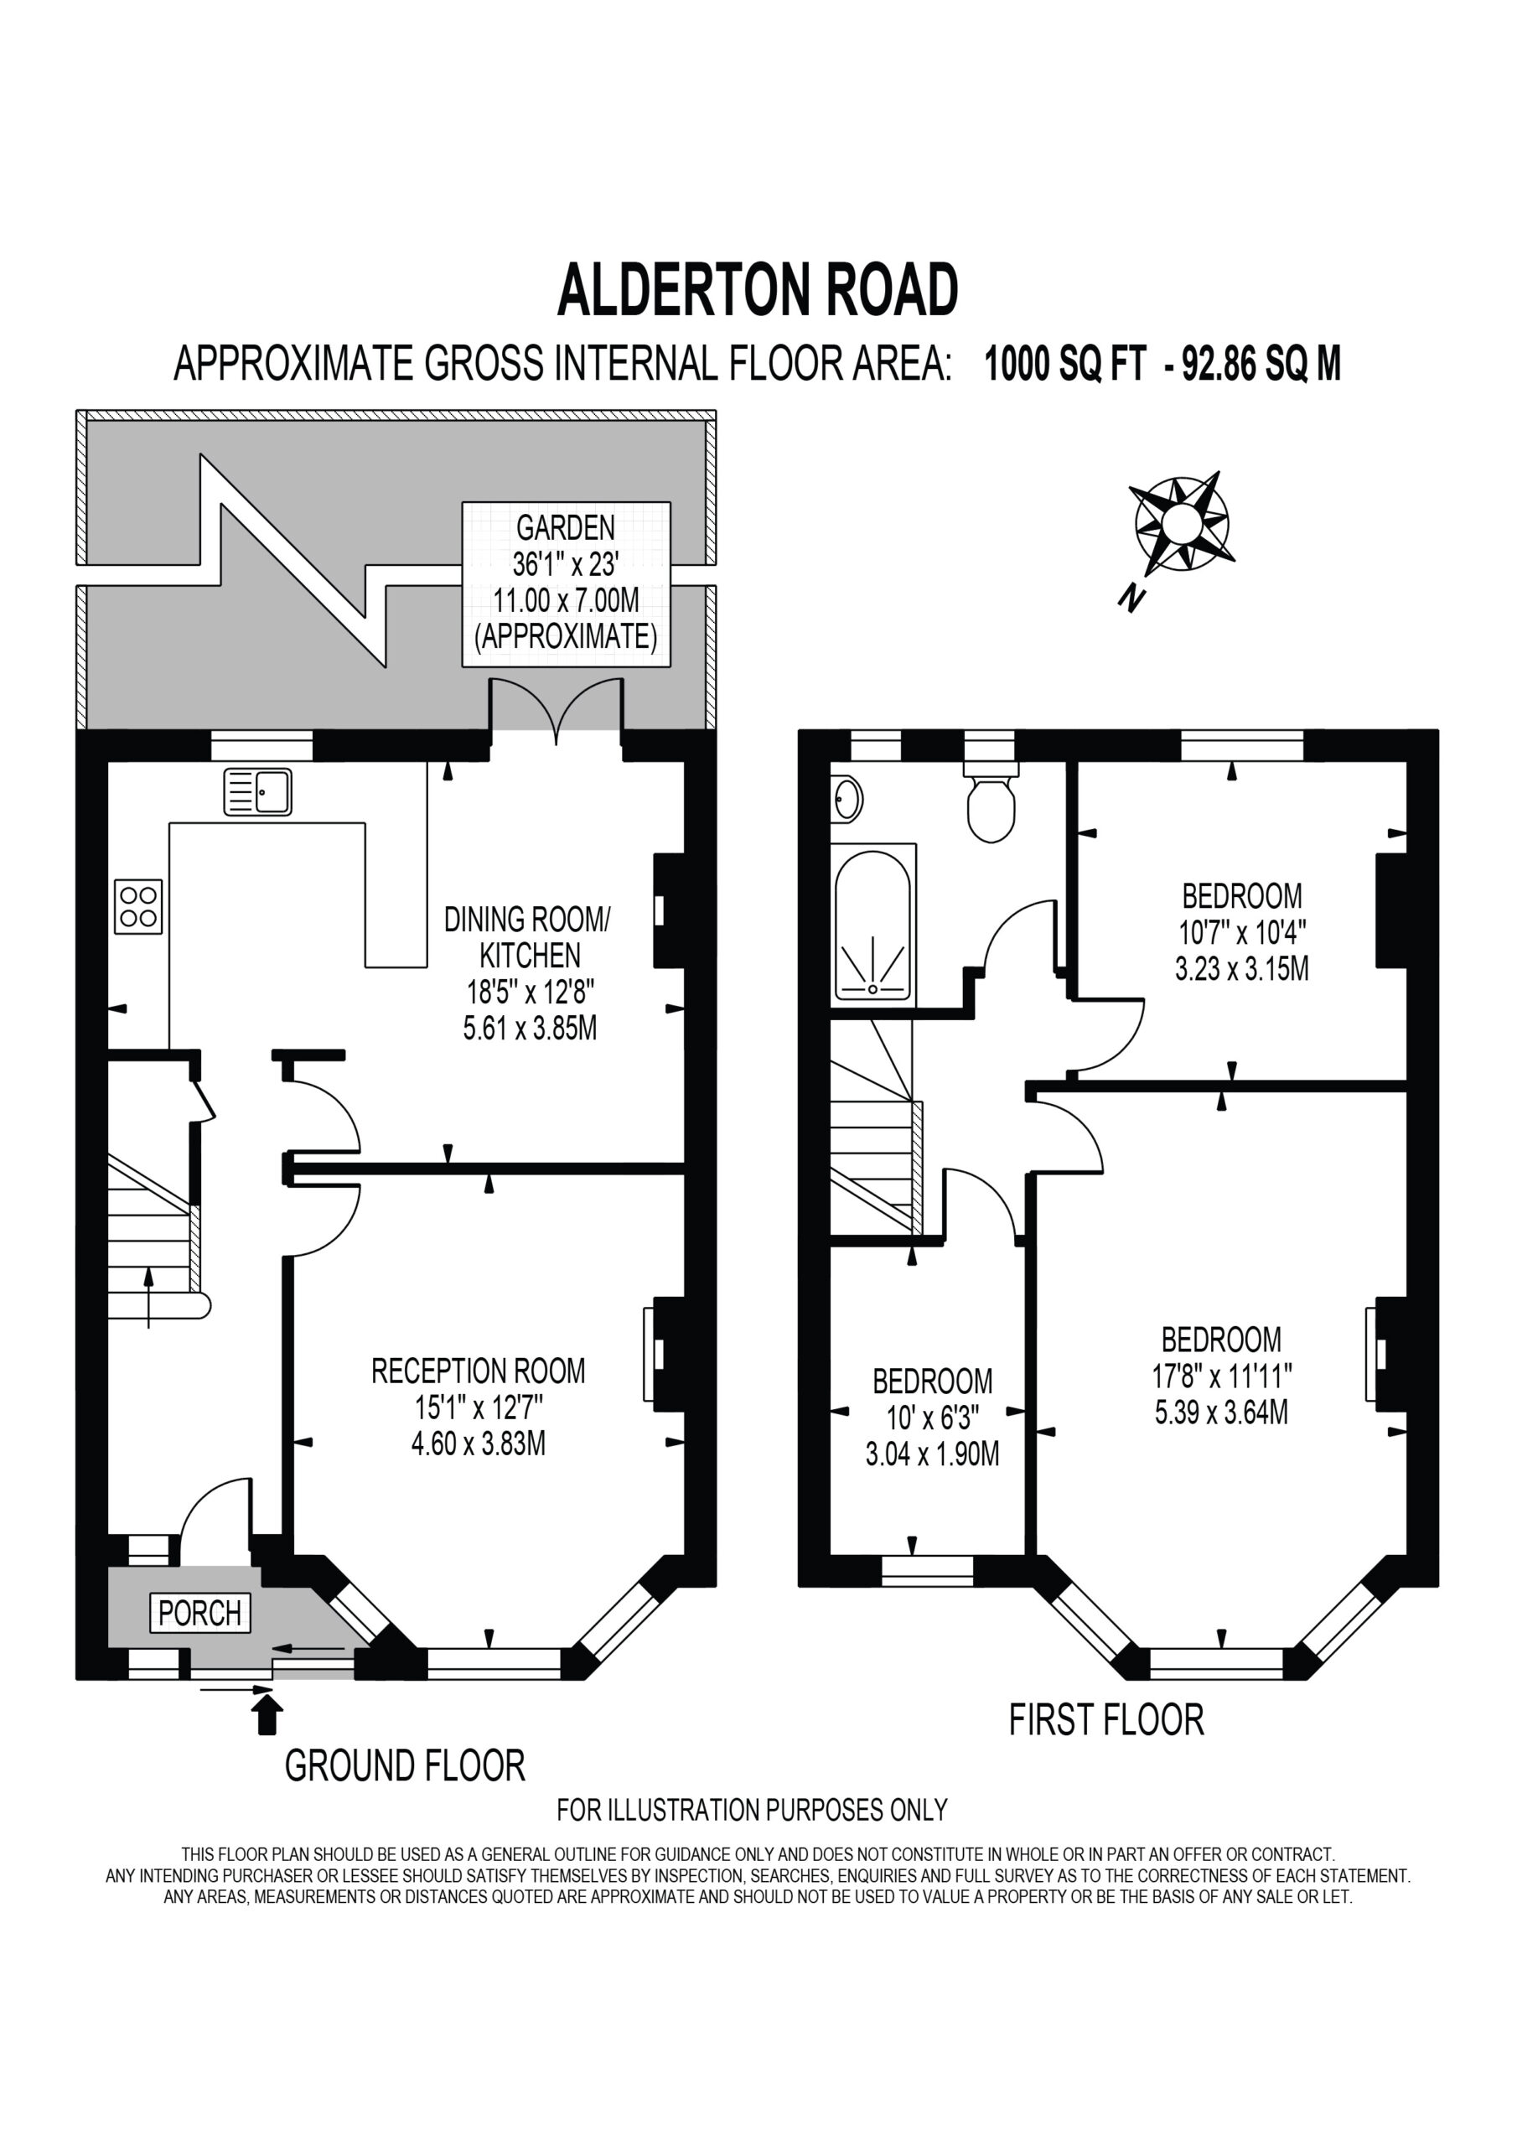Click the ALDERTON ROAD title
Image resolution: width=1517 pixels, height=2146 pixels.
pos(758,290)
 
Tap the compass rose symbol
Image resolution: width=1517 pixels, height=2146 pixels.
pos(1181,522)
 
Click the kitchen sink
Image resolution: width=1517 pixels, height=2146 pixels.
pos(258,791)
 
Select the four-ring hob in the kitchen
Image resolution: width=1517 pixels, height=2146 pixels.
pos(138,907)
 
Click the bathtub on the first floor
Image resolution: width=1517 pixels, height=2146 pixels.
pos(873,925)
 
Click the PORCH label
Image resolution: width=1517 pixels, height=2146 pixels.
pos(200,1612)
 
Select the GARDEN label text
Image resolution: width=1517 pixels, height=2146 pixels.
pos(566,528)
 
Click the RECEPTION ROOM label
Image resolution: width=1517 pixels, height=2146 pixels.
pos(479,1371)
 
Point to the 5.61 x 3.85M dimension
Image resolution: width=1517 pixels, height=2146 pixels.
pos(530,1028)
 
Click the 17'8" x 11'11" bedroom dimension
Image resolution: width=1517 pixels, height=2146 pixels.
pos(1222,1376)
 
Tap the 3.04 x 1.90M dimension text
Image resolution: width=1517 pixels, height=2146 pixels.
pos(933,1454)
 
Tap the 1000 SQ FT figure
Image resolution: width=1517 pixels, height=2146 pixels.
pos(1064,364)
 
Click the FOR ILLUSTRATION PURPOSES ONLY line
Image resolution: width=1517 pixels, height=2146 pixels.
pos(753,1811)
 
